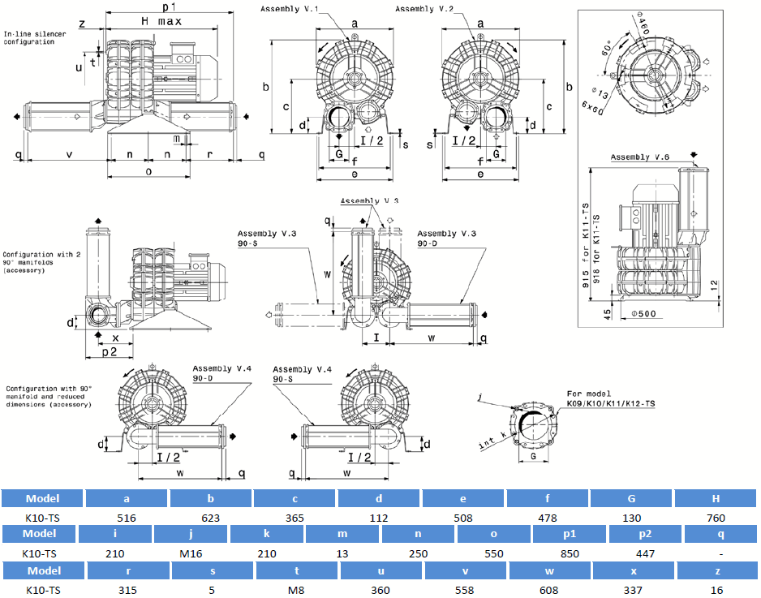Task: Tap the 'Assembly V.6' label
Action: click(637, 157)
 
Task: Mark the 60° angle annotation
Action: click(605, 48)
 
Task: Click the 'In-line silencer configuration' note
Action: click(29, 37)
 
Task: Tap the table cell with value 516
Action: click(127, 517)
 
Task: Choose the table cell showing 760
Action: click(716, 517)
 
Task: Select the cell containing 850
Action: click(570, 553)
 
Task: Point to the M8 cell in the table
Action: click(295, 590)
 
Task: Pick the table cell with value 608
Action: click(548, 590)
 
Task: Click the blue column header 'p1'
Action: click(570, 534)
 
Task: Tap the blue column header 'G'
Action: click(632, 498)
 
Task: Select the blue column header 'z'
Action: click(716, 570)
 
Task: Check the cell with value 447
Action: click(646, 553)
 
